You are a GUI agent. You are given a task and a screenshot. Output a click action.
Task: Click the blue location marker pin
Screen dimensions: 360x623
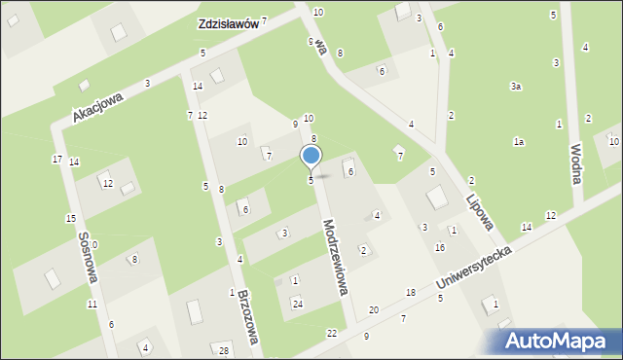pyautogui.click(x=311, y=157)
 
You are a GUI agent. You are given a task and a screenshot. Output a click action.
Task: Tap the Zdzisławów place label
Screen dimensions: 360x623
pyautogui.click(x=227, y=24)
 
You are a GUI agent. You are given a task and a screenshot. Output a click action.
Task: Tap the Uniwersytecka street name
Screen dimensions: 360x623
pyautogui.click(x=474, y=266)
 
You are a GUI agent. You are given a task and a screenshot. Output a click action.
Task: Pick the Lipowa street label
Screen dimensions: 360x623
pyautogui.click(x=479, y=204)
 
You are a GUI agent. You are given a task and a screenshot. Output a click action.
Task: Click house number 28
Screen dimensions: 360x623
pyautogui.click(x=224, y=350)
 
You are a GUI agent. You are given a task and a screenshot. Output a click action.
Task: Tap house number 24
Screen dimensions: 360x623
pyautogui.click(x=298, y=305)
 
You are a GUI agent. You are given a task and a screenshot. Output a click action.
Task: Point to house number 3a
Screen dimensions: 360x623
pyautogui.click(x=516, y=87)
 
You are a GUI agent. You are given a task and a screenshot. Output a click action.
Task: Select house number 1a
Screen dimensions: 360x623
pyautogui.click(x=519, y=142)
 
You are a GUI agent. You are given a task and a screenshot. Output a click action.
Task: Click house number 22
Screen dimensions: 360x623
pyautogui.click(x=332, y=333)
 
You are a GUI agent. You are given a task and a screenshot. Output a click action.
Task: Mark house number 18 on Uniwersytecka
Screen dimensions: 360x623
pyautogui.click(x=411, y=293)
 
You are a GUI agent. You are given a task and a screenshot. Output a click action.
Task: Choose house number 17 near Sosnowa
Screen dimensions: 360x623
pyautogui.click(x=57, y=159)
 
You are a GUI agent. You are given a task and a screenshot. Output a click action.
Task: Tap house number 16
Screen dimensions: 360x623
pyautogui.click(x=440, y=247)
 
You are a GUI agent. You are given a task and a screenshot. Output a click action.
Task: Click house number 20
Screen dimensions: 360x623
pyautogui.click(x=374, y=309)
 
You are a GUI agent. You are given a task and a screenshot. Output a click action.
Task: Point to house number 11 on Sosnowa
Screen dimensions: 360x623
pyautogui.click(x=92, y=305)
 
